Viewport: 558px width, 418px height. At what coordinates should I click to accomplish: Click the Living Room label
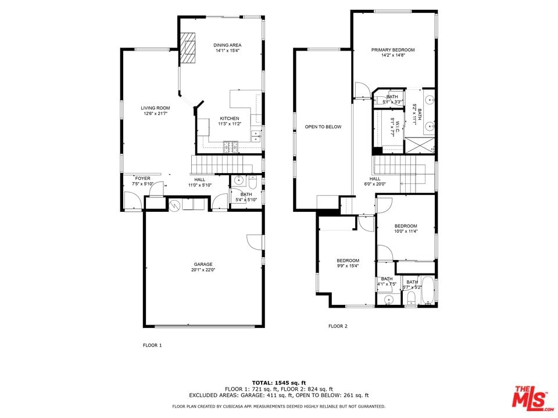[x=155, y=108]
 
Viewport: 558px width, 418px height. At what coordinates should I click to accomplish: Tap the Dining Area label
[x=227, y=45]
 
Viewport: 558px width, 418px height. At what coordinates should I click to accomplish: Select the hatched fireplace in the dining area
[x=188, y=48]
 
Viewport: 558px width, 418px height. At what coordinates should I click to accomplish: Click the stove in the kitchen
[x=231, y=147]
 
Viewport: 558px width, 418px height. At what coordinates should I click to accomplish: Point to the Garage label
[x=203, y=265]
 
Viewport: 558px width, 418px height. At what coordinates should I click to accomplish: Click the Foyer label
[x=143, y=178]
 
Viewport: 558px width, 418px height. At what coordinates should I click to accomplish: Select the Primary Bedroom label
[x=393, y=50]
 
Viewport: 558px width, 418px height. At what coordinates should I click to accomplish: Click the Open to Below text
[x=323, y=127]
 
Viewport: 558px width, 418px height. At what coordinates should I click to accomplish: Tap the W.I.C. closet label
[x=397, y=127]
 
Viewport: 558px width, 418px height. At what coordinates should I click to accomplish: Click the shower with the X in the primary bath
[x=419, y=145]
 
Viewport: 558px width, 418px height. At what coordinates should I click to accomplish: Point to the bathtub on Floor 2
[x=427, y=290]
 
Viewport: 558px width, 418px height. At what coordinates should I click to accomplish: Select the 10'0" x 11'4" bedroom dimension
[x=406, y=231]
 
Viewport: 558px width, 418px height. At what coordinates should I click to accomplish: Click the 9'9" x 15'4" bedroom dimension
[x=348, y=265]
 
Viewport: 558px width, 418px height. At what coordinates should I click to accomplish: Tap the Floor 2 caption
[x=338, y=326]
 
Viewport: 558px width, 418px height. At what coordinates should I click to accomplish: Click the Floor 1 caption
[x=152, y=345]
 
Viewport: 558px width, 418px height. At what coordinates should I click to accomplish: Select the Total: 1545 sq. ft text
[x=279, y=383]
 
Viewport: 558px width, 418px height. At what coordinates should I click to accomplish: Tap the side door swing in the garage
[x=255, y=242]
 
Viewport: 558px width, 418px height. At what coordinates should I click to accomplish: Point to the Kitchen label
[x=230, y=118]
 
